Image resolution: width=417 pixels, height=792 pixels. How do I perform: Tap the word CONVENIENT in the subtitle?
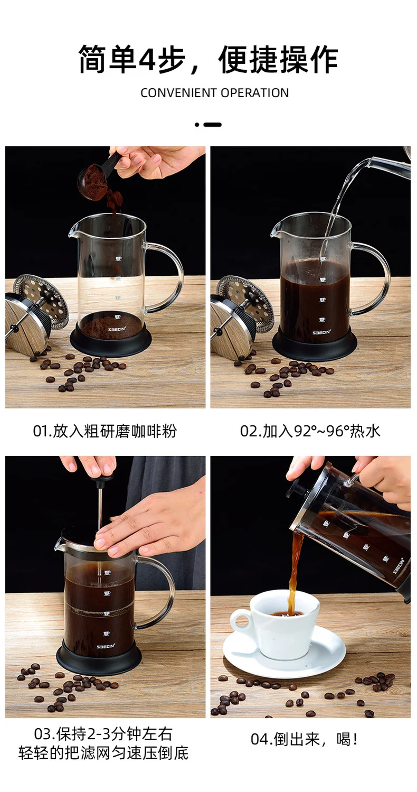pos(178,93)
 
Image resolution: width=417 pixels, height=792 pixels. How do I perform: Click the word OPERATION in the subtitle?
pos(254,93)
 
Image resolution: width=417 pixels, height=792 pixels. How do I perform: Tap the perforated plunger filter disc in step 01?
pos(41,301)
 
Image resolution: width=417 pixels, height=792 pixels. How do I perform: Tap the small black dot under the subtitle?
pos(197,125)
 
